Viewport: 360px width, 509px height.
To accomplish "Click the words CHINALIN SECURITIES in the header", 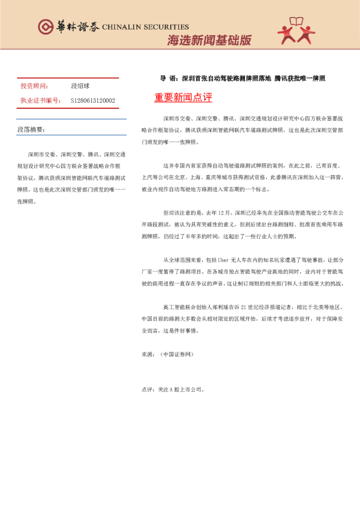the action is (145, 27).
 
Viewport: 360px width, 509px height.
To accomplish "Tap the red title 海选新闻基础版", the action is (209, 41).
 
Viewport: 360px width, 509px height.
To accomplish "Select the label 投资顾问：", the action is (34, 86).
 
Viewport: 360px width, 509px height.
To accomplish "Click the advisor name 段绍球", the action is (80, 86).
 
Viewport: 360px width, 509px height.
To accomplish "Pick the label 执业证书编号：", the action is (40, 100).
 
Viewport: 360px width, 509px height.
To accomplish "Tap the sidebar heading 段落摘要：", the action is (31, 129).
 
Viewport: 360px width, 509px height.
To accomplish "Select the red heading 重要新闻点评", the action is (183, 97).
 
